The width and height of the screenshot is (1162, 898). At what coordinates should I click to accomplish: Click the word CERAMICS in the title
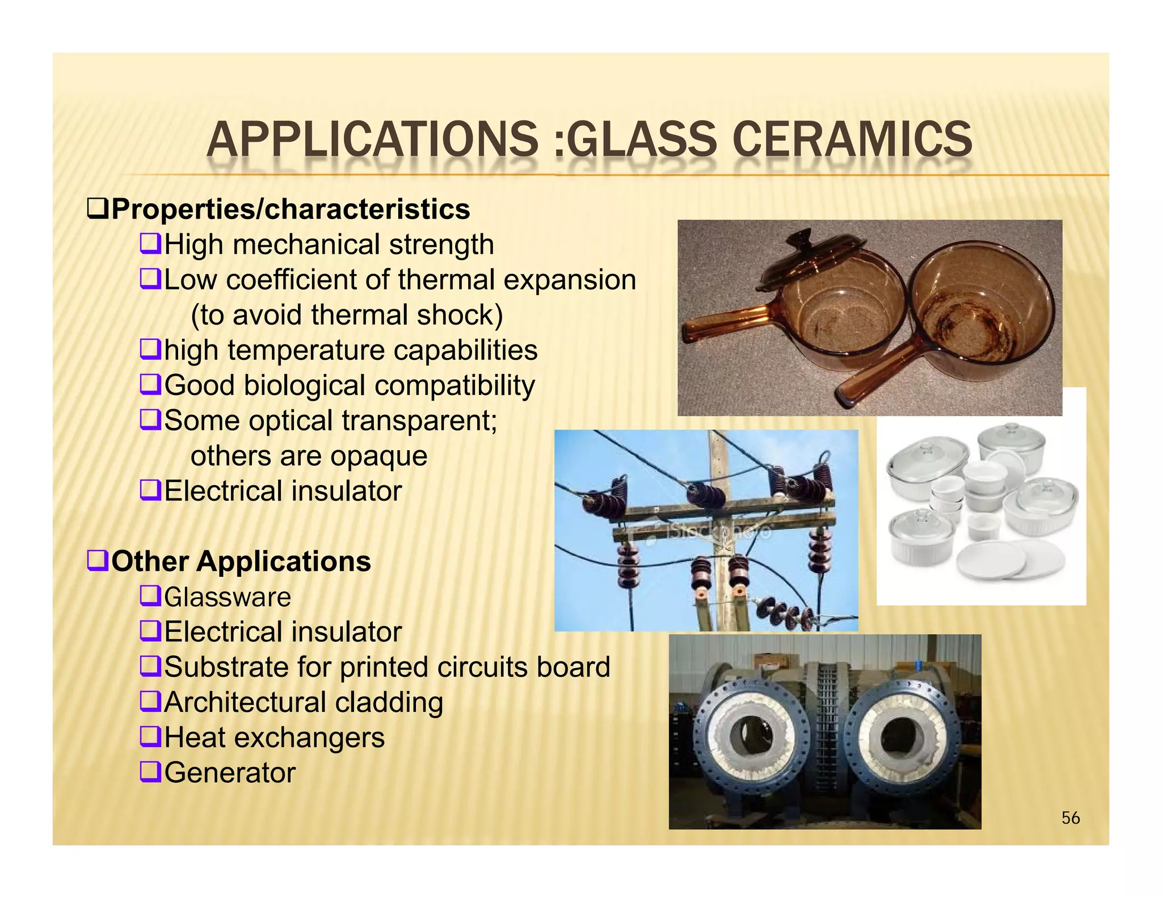852,139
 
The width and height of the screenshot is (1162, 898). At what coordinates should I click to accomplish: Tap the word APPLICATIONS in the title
372,139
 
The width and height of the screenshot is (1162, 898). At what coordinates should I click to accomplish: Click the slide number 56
1070,818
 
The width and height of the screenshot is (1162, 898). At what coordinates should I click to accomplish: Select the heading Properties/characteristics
290,209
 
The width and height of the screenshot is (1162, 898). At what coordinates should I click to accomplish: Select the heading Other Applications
241,561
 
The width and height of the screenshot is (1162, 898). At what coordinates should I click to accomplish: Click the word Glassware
228,597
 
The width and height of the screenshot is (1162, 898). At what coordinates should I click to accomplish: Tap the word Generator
230,773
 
